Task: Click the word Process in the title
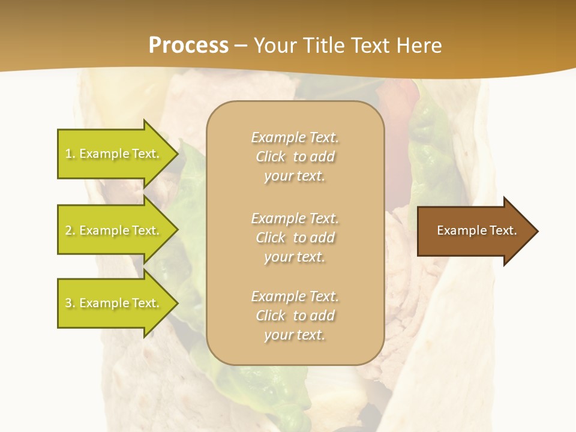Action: pyautogui.click(x=188, y=46)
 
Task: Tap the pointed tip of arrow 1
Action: pyautogui.click(x=177, y=154)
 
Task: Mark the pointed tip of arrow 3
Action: pyautogui.click(x=177, y=303)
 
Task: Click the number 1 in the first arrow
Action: pyautogui.click(x=68, y=154)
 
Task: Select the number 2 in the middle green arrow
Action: pyautogui.click(x=68, y=230)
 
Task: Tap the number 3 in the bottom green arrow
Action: pyautogui.click(x=68, y=303)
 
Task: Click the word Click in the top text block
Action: pyautogui.click(x=271, y=157)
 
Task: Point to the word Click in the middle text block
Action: pyautogui.click(x=271, y=238)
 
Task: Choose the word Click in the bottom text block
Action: pyautogui.click(x=271, y=316)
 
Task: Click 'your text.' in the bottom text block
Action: pyautogui.click(x=295, y=335)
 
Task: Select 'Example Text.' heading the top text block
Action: pyautogui.click(x=295, y=137)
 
